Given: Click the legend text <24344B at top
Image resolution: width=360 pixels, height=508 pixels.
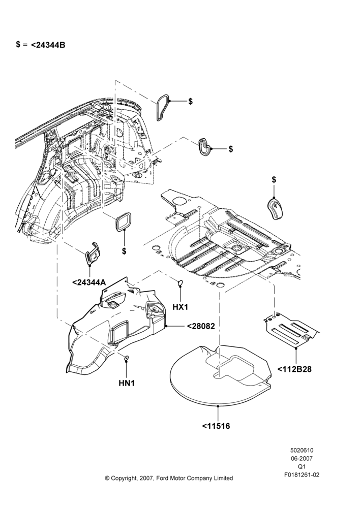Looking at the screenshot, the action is (48, 45).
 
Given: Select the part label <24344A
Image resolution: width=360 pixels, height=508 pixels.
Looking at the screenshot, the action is (89, 282).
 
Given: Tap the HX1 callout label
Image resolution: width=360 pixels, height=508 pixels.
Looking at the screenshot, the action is (180, 307).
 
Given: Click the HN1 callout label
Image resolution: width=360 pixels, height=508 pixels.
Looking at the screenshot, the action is (127, 383).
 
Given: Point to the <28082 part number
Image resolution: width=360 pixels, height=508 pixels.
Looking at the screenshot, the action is (201, 326).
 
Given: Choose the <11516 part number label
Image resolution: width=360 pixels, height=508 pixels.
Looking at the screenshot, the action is (216, 426).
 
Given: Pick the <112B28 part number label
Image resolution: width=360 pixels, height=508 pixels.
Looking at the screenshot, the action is (294, 369).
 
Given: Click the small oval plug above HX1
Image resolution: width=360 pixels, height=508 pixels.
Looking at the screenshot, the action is (180, 283).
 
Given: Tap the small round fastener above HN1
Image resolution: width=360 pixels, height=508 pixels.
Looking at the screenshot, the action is (127, 358).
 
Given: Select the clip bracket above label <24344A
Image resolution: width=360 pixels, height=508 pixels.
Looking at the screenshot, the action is (93, 253).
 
